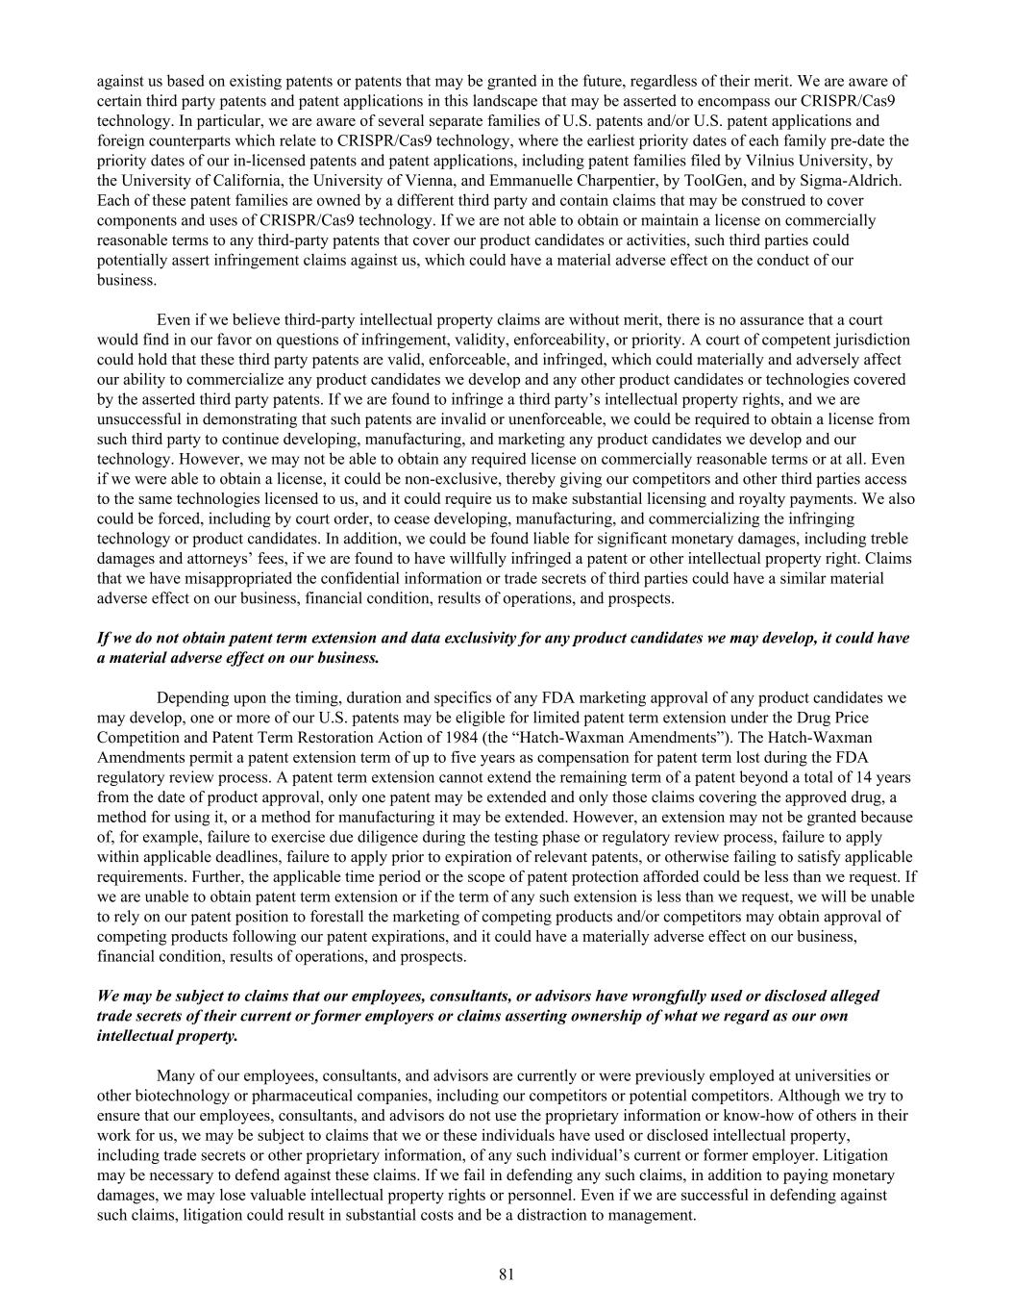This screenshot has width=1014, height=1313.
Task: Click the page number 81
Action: (507, 1275)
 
